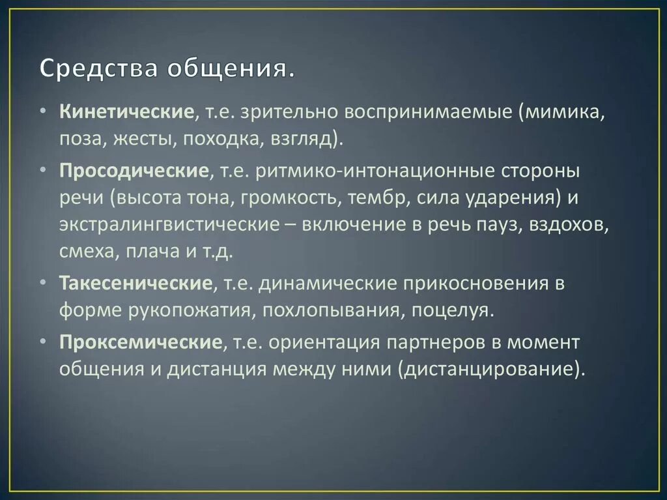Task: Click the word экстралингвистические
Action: coord(167,224)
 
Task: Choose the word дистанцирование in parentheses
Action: coord(489,369)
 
